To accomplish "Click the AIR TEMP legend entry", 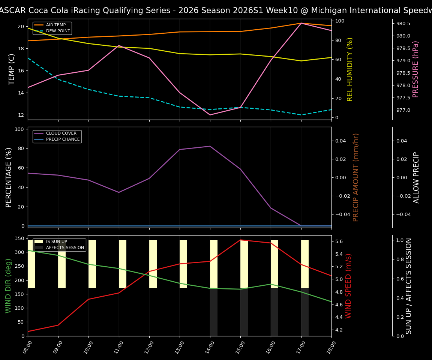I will coord(55,25).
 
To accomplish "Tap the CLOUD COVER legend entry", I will coord(60,133).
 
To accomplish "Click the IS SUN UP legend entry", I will coord(56,242).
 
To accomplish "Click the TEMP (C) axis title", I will coord(12,69).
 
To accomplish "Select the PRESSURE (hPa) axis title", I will coord(415,69).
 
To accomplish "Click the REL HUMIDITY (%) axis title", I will coord(350,69).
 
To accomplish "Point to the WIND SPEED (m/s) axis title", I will coord(349,286).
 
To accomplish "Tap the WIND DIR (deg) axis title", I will coord(8,286).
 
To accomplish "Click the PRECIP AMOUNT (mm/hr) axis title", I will coord(356,177).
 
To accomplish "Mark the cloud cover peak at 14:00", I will coord(210,146).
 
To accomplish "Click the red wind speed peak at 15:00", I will coord(240,240).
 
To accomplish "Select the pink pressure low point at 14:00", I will coord(210,115).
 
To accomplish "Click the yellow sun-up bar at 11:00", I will coord(123,264).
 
